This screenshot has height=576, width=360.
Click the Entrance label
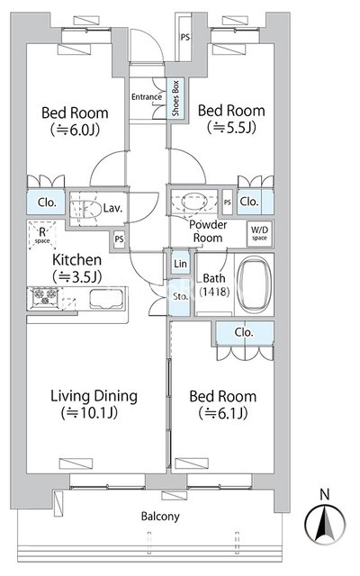click(147, 96)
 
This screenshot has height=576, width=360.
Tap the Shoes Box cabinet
click(175, 98)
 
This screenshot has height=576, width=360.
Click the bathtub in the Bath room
click(254, 283)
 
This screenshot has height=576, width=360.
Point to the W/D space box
click(259, 233)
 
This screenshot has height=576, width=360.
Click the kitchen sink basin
click(106, 298)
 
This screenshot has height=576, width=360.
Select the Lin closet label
click(180, 264)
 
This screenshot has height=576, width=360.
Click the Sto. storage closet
click(180, 297)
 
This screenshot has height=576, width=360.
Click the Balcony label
click(160, 517)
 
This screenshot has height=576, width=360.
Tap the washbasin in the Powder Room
click(194, 202)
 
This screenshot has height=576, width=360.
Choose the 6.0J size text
click(76, 130)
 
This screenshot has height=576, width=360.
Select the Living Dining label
click(94, 396)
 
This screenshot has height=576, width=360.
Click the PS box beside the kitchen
click(119, 239)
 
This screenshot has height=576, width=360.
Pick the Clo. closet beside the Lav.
click(46, 202)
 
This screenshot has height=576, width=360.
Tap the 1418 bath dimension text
click(214, 292)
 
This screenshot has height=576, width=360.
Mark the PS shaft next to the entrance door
click(184, 37)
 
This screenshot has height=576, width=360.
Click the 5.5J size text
click(231, 128)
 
